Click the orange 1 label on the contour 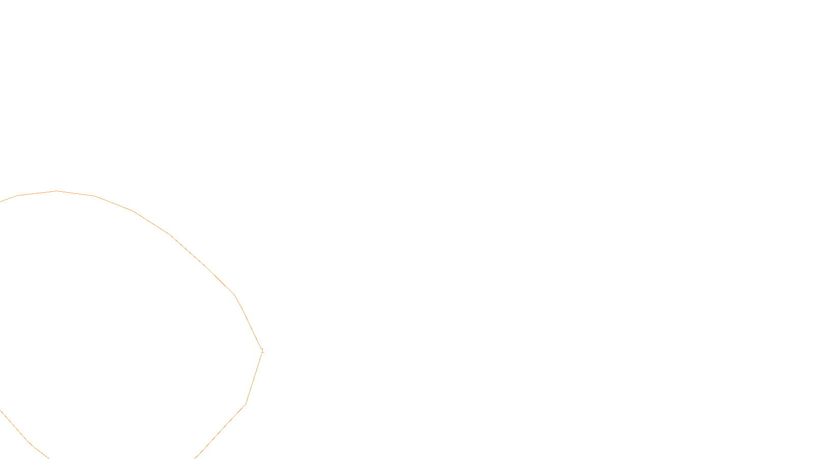pos(262,351)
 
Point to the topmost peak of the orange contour pos(57,191)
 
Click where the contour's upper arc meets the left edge pos(1,201)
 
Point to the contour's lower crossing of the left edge pos(1,410)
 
